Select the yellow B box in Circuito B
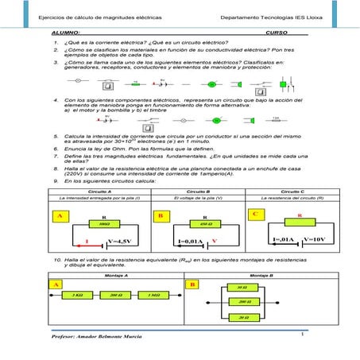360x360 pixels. (161, 216)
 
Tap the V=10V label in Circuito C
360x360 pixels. (315, 238)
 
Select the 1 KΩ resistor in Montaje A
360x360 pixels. (79, 295)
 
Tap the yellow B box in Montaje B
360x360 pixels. (191, 284)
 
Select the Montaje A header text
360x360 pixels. (116, 273)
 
